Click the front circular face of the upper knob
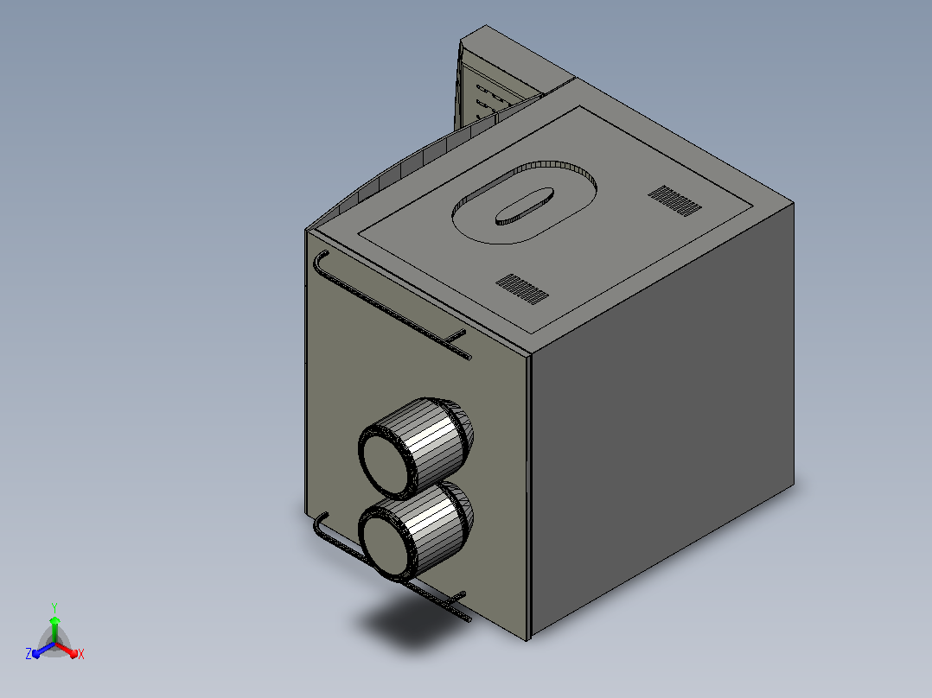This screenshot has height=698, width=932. pos(385,462)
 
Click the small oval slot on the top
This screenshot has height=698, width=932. pos(525,206)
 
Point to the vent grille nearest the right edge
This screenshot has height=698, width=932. pos(674,200)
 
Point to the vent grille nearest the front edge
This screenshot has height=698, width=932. pos(522,289)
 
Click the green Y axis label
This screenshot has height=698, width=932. pos(54,607)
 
